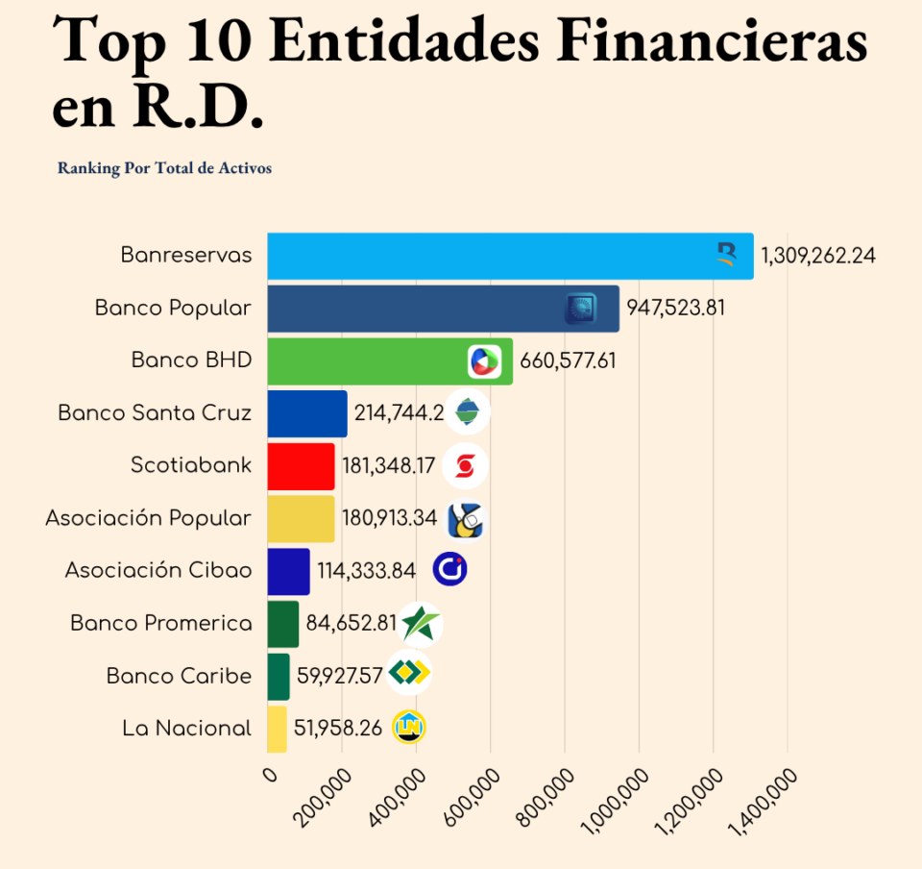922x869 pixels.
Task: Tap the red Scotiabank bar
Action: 301,466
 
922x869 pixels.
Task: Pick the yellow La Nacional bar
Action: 277,729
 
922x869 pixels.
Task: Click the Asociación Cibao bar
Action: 288,571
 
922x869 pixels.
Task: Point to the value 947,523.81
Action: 675,309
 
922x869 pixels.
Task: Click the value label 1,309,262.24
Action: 818,256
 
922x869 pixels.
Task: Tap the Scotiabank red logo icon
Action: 466,466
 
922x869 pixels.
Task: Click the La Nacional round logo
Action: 409,728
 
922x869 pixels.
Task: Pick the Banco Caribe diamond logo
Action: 409,672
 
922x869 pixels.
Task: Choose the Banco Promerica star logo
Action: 420,624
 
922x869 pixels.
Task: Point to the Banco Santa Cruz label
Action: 155,413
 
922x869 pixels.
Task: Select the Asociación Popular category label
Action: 148,518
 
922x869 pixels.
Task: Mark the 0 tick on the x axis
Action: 269,775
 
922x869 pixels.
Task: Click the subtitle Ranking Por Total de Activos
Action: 164,168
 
